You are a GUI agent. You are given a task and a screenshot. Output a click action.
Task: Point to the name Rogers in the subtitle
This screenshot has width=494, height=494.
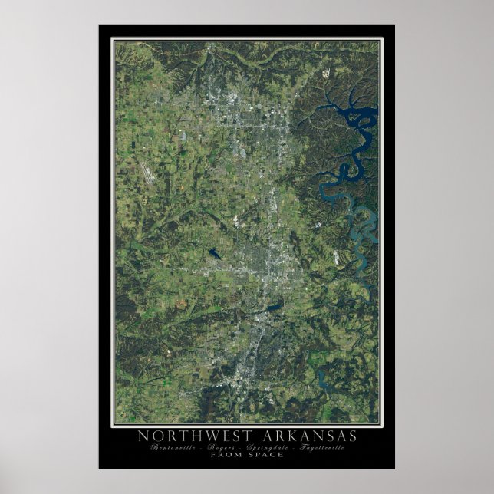(222, 446)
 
